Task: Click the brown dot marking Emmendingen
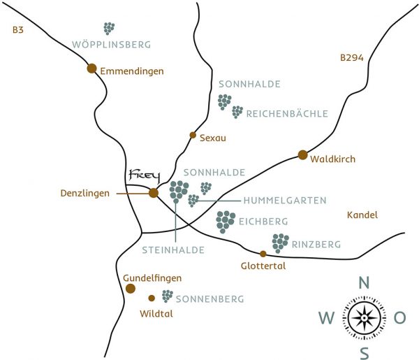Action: (91, 69)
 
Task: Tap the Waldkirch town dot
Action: (302, 154)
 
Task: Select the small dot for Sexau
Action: (193, 135)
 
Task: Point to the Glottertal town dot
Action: (263, 254)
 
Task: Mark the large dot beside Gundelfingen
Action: (130, 288)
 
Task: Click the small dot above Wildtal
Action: (152, 298)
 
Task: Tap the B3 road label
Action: (18, 30)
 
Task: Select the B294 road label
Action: (352, 59)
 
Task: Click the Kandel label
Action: (362, 215)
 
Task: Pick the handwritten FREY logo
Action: (145, 174)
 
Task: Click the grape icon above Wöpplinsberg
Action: (109, 29)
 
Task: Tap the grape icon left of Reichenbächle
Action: (237, 112)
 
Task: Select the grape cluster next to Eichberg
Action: (226, 221)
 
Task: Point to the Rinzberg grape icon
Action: (280, 243)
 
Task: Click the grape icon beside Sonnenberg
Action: (168, 296)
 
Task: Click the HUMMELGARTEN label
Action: (285, 201)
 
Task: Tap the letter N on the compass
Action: (363, 283)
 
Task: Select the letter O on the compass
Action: (399, 318)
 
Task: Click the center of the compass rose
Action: (363, 318)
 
